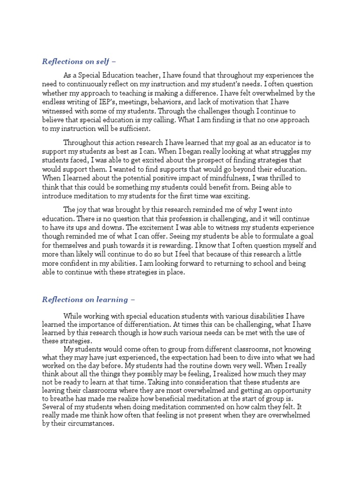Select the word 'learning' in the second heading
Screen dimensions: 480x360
click(111, 299)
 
